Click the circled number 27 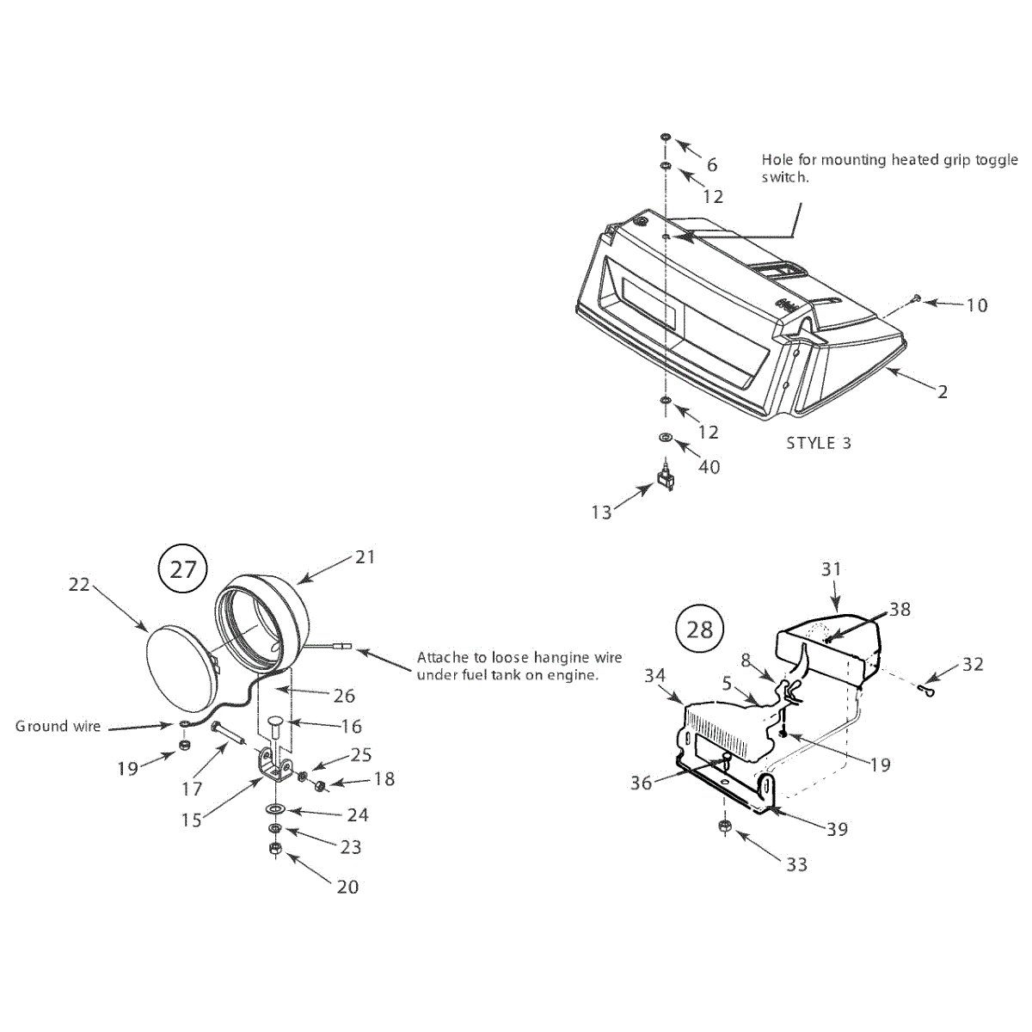click(183, 568)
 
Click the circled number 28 click(700, 629)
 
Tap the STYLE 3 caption click(818, 443)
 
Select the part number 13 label click(601, 513)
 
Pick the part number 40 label click(709, 467)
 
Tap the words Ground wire click(58, 726)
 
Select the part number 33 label click(797, 864)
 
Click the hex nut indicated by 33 click(724, 828)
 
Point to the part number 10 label click(977, 305)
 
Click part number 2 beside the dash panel click(943, 392)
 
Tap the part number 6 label click(712, 165)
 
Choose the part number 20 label click(347, 887)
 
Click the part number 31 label click(831, 569)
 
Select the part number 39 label click(837, 829)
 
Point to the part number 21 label click(365, 557)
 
